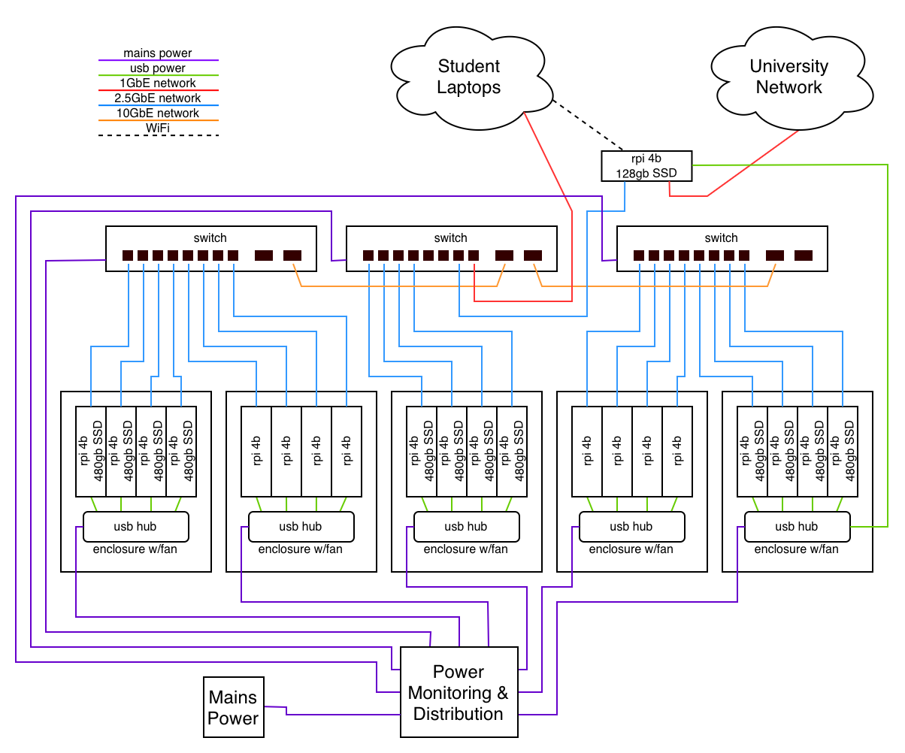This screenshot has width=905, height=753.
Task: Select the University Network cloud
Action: [x=788, y=77]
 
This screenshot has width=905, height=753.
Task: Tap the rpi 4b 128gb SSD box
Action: [x=646, y=166]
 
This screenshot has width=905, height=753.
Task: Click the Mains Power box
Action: [x=233, y=708]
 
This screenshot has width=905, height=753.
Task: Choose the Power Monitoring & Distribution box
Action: [x=459, y=692]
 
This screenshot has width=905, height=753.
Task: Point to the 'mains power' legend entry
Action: [x=158, y=54]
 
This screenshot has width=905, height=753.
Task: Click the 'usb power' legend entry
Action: [x=158, y=68]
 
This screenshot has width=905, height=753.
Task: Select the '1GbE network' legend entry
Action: [x=158, y=83]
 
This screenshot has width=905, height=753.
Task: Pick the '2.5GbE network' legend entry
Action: [x=158, y=98]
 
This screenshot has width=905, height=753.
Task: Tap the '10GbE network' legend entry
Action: [x=158, y=113]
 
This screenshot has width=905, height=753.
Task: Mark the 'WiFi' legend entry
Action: [x=158, y=129]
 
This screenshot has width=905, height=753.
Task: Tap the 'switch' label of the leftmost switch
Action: [x=209, y=237]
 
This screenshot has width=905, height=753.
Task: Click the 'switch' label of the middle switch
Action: [x=450, y=237]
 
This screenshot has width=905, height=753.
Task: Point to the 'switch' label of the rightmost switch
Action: [x=721, y=237]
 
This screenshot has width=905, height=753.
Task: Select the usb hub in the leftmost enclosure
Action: [x=135, y=527]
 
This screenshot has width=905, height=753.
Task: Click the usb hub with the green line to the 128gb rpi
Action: [x=797, y=527]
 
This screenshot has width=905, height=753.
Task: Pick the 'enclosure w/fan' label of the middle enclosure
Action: [x=466, y=549]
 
